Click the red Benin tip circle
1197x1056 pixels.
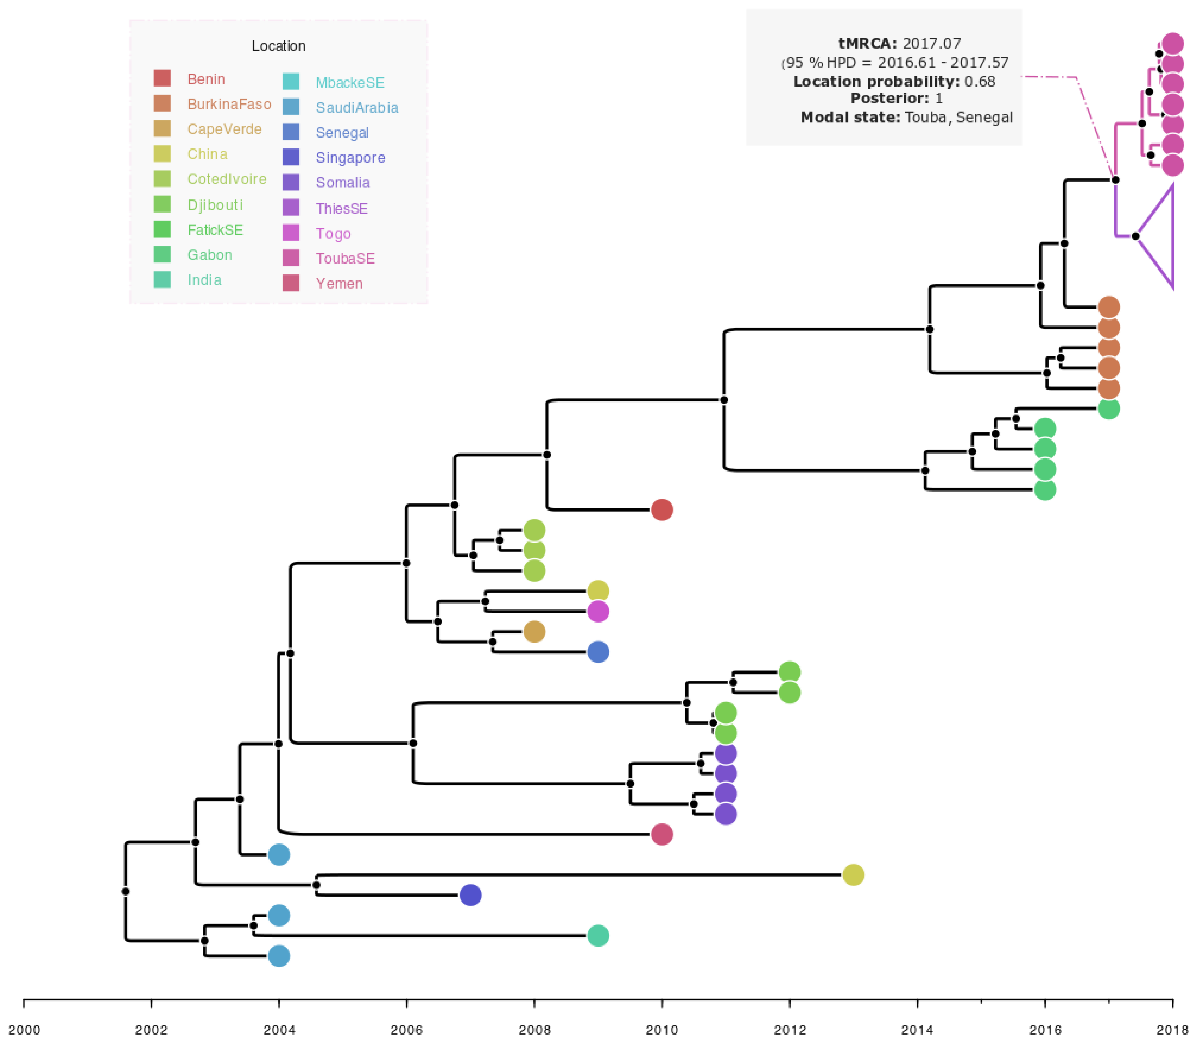[x=662, y=509]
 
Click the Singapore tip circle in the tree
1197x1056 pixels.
[x=470, y=895]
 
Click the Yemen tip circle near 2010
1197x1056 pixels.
[x=662, y=834]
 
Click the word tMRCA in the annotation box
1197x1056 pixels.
[x=867, y=43]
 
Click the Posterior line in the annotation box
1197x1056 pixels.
[x=896, y=98]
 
